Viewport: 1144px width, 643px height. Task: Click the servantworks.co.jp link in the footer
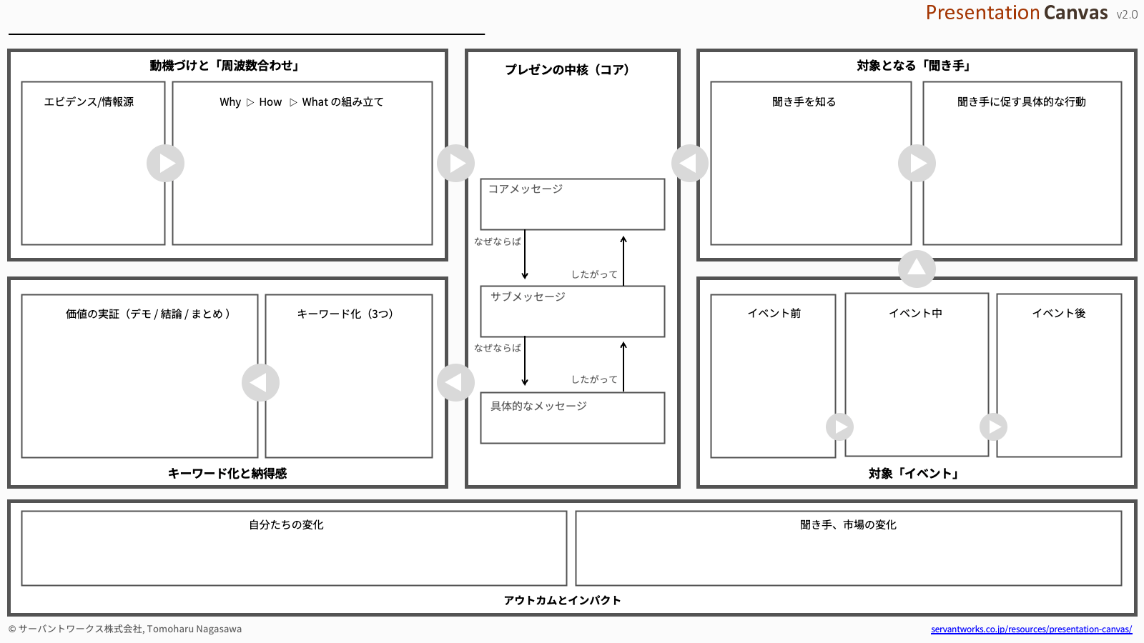coord(1031,629)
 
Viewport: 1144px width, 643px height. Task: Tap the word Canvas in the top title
coord(1075,13)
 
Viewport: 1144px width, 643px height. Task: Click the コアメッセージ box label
coord(526,189)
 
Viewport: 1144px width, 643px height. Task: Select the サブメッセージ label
coord(528,296)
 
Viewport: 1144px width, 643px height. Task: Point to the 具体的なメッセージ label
coord(538,406)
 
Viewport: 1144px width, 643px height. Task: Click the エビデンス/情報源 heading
coord(89,101)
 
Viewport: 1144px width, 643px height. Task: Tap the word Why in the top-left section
coord(230,102)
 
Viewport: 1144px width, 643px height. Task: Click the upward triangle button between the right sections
coord(917,269)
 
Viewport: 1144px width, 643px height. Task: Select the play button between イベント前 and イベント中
coord(839,427)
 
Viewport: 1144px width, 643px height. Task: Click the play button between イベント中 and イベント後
coord(993,427)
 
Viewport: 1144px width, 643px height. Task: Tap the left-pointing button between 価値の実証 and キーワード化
coord(260,383)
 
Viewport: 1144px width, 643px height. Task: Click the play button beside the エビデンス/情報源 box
coord(165,164)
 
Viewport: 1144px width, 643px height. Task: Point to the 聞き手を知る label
coord(804,101)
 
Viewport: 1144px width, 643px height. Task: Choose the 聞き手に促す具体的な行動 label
coord(1021,101)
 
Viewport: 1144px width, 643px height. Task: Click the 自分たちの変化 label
coord(286,524)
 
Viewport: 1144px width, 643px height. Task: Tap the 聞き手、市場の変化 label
coord(848,524)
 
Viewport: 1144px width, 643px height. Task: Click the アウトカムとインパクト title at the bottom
coord(562,600)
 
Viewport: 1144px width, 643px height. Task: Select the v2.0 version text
coord(1127,14)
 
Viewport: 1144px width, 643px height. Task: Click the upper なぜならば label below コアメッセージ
coord(497,241)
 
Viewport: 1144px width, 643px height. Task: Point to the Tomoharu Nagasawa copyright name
coord(194,629)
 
